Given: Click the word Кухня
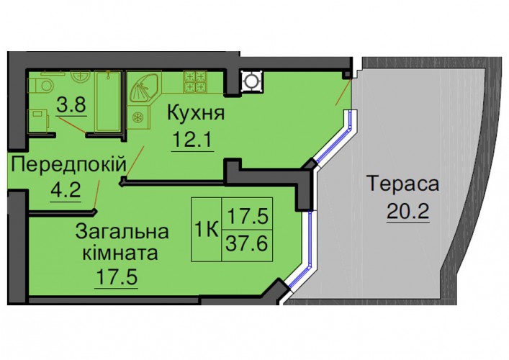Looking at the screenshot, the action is coord(196,114).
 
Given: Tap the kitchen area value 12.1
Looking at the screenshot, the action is coord(192,140).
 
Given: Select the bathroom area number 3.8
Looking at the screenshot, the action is coord(71,104).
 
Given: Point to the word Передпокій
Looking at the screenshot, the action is coord(68,164).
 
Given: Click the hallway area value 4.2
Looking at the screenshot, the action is coord(66,190).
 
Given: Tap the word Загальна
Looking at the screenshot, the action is coord(122,232).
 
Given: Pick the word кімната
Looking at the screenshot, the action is coord(120,253).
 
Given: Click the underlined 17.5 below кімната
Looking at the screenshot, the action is coord(116,277).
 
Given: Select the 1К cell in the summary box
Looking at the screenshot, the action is coord(206,230).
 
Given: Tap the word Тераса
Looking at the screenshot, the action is coord(403,184).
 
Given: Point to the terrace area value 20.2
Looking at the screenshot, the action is coord(408,212).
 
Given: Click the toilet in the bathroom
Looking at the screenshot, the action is coord(40,85).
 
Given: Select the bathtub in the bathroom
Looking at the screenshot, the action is coord(109,102).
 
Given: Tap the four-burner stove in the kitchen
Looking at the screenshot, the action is coord(195,81).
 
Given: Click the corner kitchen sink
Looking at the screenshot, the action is coord(145,88).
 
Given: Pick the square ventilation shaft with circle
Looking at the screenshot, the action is coord(251,81).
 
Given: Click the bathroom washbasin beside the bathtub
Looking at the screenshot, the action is coord(81,77).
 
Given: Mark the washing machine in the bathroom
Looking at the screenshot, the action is coord(38,120).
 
